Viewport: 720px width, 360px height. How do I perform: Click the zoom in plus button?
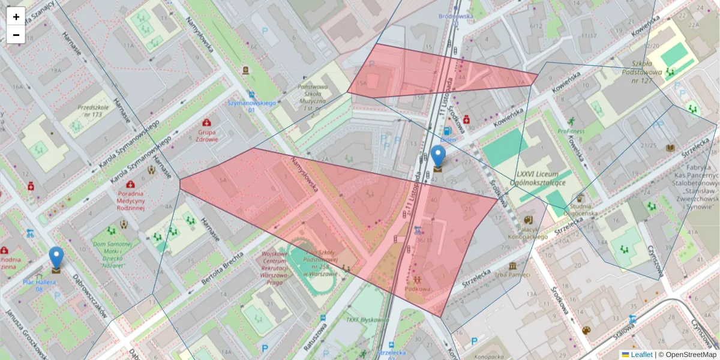click(16, 16)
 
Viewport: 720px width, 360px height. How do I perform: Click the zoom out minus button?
click(16, 35)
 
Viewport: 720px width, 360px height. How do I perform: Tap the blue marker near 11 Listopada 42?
click(439, 157)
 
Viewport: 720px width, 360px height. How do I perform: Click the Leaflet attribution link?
click(641, 355)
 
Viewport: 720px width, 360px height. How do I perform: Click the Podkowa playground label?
click(418, 289)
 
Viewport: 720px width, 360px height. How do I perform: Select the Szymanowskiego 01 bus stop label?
click(251, 106)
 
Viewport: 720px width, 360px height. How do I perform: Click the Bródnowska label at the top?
click(455, 16)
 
